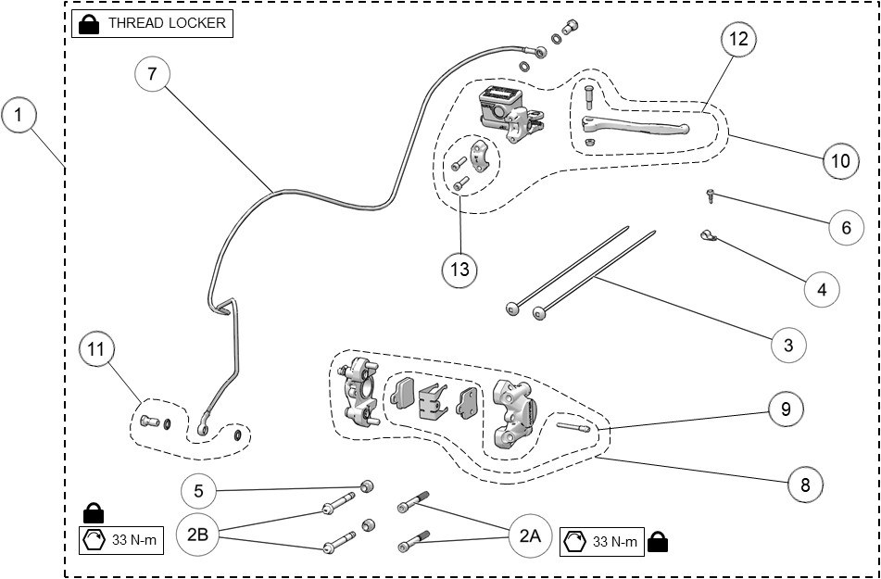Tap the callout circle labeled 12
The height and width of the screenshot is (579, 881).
[738, 39]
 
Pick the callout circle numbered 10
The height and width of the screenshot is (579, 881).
[839, 160]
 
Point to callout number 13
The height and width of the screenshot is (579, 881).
[459, 270]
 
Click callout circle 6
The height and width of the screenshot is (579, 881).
[846, 227]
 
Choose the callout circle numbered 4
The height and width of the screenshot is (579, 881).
[822, 289]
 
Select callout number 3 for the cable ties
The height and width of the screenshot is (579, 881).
[788, 345]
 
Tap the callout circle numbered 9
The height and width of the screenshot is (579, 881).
[786, 409]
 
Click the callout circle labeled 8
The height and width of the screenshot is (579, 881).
[804, 483]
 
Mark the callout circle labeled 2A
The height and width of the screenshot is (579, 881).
[529, 535]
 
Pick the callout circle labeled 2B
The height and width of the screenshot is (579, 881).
[198, 535]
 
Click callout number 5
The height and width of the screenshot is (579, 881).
[198, 489]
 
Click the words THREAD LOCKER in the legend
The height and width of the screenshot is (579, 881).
[167, 23]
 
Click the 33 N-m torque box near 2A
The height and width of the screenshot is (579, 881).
[602, 542]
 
